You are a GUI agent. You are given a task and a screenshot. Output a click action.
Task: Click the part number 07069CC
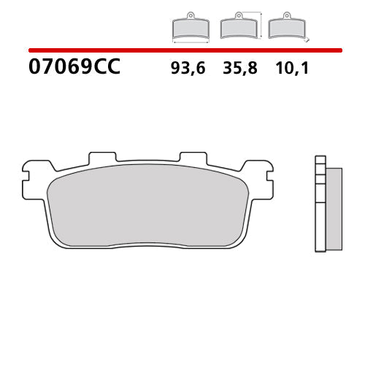[74, 69]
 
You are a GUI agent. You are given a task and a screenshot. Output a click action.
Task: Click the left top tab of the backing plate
[102, 158]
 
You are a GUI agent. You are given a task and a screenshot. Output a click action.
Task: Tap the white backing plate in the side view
[320, 204]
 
